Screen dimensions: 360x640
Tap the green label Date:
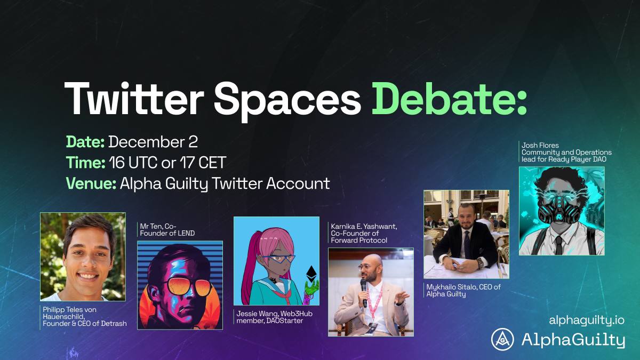85,142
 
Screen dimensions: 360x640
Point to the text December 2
153,142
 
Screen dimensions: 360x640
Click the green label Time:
85,163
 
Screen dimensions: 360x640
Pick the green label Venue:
91,184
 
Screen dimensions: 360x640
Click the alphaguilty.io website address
586,321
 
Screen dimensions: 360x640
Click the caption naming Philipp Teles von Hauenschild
84,316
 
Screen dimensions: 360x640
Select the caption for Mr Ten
165,229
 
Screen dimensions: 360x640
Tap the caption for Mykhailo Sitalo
463,290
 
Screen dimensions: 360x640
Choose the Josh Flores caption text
566,152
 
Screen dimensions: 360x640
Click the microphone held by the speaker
364,290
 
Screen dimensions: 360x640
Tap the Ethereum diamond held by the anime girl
309,275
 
